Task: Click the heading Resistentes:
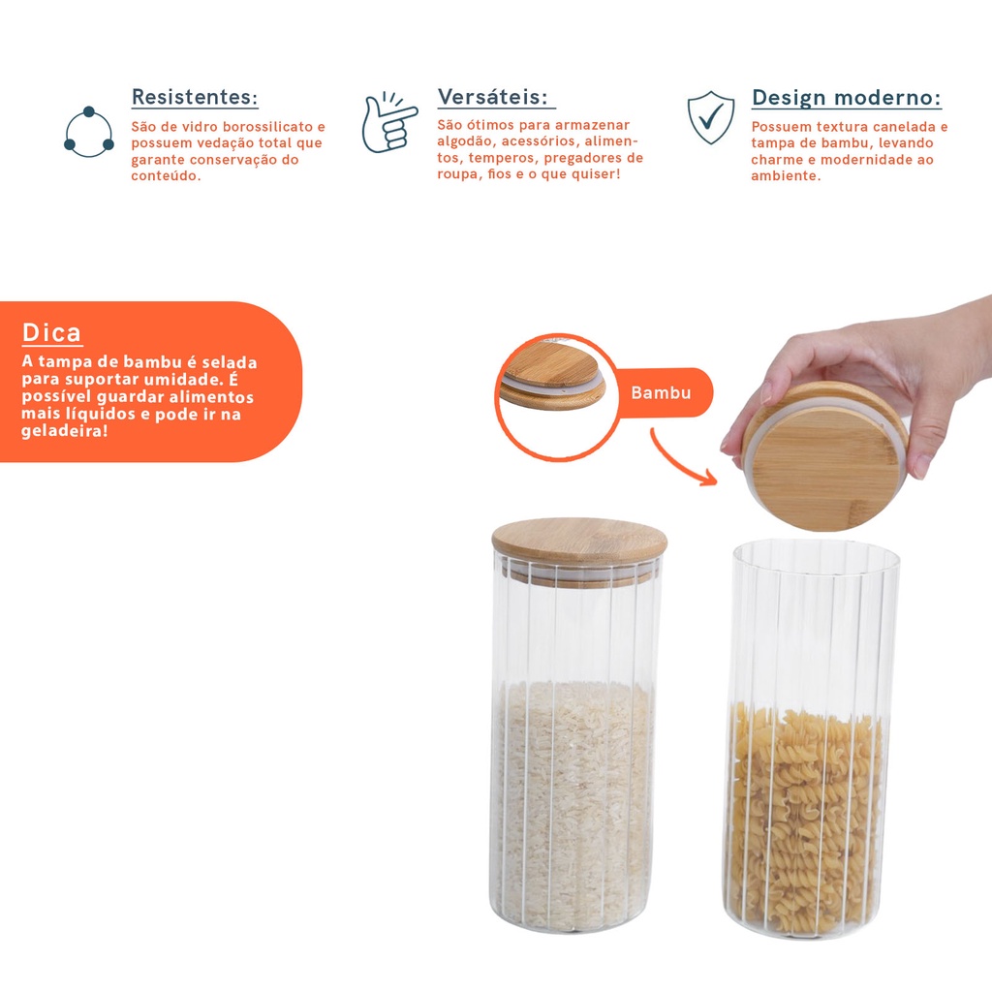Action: (x=194, y=98)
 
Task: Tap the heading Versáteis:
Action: (x=492, y=97)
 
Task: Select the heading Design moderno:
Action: (x=846, y=98)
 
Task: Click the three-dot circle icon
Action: (x=88, y=132)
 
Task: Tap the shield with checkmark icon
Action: (x=711, y=117)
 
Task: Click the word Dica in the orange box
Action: (x=51, y=333)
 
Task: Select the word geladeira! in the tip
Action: (x=65, y=431)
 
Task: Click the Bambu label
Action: (x=661, y=393)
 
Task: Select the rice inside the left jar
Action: (x=573, y=803)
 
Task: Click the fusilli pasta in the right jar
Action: (x=806, y=820)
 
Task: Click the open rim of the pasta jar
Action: (x=816, y=542)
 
